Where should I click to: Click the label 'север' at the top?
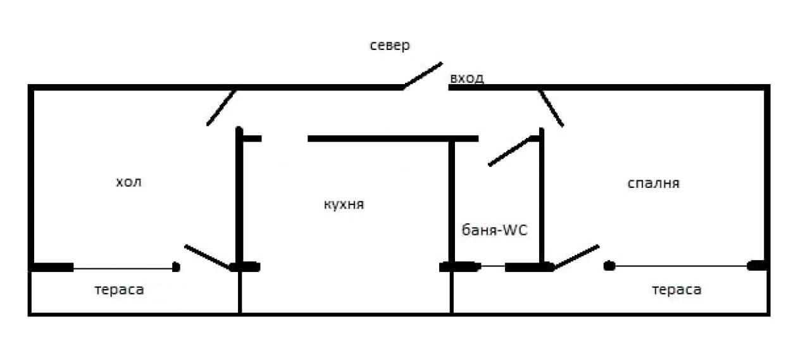[390, 46]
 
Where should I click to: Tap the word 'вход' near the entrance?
[467, 78]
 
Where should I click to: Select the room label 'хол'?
[128, 182]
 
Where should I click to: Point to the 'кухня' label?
[344, 204]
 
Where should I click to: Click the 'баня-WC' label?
[494, 230]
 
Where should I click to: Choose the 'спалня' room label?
[654, 183]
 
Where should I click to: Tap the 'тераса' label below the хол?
[120, 290]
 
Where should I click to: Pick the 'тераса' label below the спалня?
[676, 290]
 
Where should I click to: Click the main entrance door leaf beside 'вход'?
[422, 75]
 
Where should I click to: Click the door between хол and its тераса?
[209, 258]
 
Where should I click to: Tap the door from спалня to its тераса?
[576, 258]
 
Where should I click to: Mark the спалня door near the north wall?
[551, 108]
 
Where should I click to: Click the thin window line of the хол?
[123, 268]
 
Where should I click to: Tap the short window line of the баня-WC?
[492, 266]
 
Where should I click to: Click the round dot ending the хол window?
[176, 267]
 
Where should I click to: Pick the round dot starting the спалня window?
[609, 266]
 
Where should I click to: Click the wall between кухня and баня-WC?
[452, 202]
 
